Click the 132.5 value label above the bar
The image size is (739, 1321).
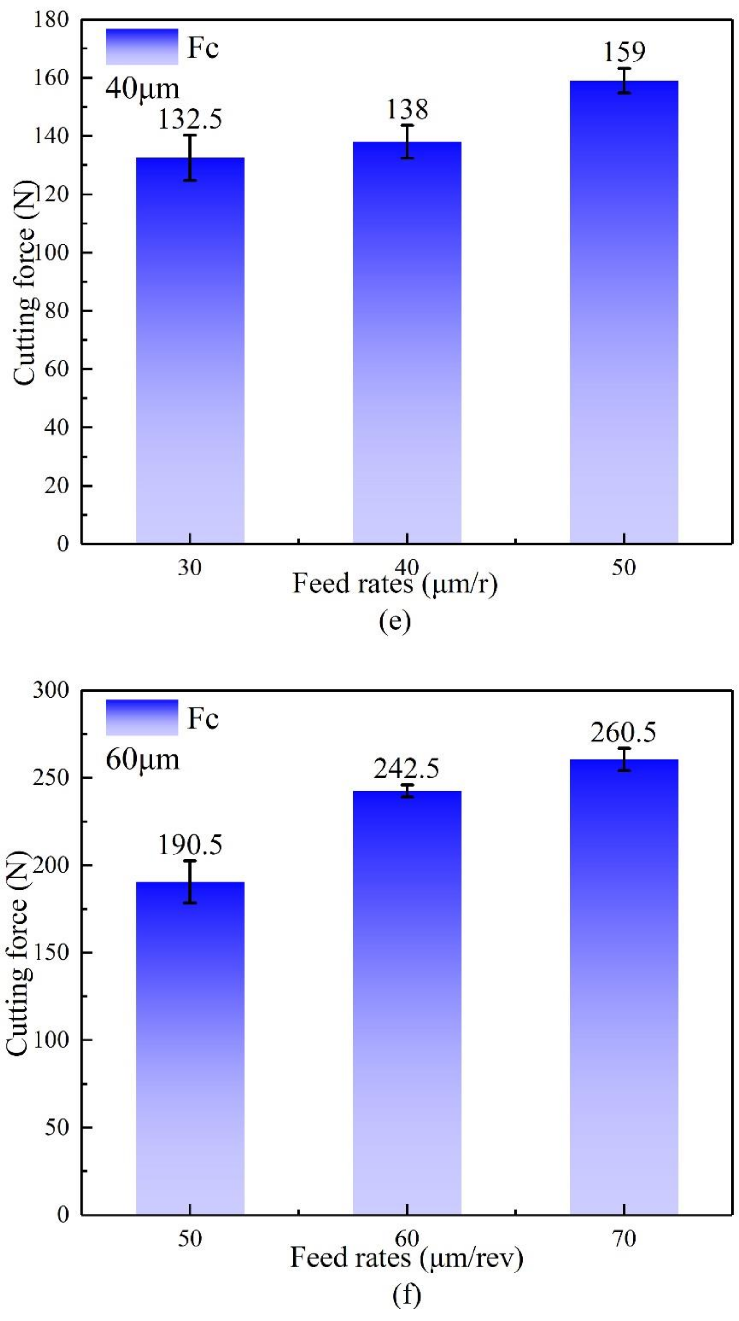point(190,120)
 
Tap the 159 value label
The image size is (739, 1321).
point(624,52)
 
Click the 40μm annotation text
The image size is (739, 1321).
point(142,89)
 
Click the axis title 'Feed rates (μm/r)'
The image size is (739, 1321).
point(395,584)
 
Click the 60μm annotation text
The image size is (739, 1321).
point(142,760)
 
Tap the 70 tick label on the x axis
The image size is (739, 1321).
point(624,1238)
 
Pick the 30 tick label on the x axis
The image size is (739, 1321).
point(190,568)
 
